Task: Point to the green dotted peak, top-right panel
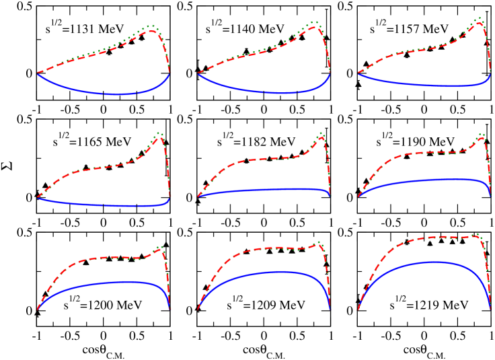tap(479, 18)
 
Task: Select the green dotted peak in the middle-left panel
tap(159, 133)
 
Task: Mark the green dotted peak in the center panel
tap(321, 133)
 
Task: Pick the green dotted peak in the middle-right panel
tap(480, 133)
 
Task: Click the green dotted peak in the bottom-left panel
tap(159, 247)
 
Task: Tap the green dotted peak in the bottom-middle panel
tap(319, 242)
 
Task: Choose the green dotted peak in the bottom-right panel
tap(477, 234)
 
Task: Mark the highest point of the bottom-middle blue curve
tap(279, 271)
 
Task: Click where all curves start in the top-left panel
tap(38, 73)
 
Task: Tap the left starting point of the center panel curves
tap(198, 196)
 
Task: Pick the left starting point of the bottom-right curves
tap(358, 310)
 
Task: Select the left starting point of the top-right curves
tap(358, 73)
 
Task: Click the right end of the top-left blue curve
tap(170, 73)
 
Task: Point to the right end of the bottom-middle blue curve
tap(330, 309)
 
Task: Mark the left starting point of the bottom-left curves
tap(38, 310)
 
